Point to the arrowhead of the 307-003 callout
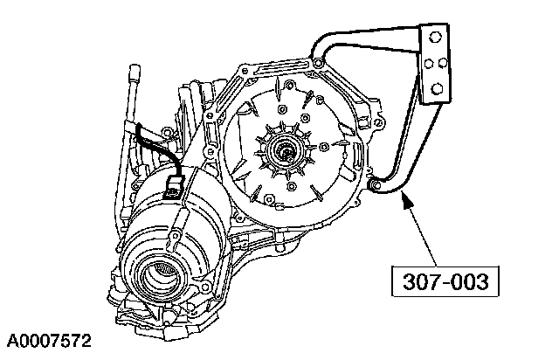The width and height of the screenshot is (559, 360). click(404, 199)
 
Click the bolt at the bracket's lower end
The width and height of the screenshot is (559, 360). click(373, 184)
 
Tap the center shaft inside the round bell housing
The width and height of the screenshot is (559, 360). click(286, 154)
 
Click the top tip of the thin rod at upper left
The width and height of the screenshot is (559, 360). click(136, 66)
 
